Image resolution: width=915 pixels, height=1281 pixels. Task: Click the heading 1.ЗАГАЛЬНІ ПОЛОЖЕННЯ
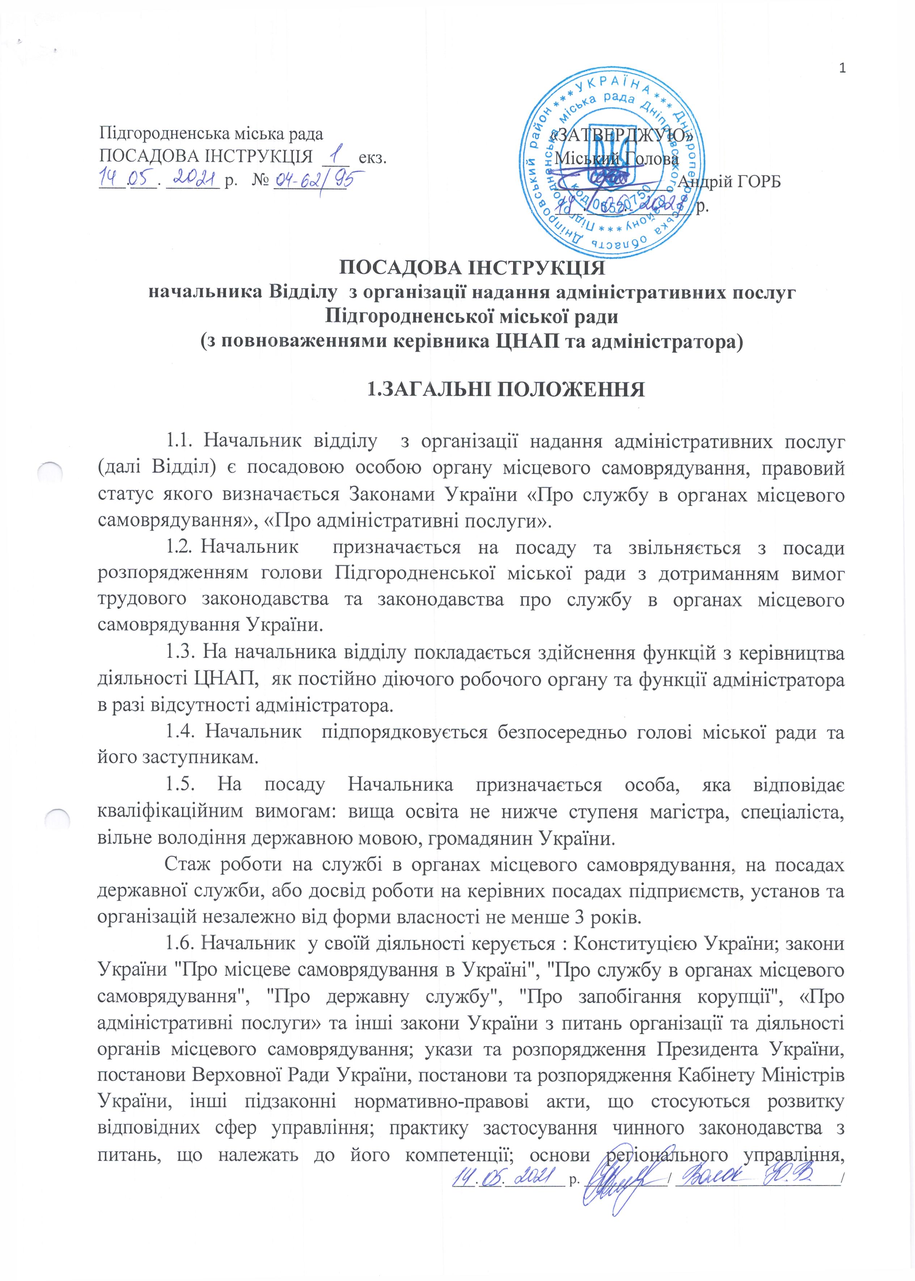[505, 389]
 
